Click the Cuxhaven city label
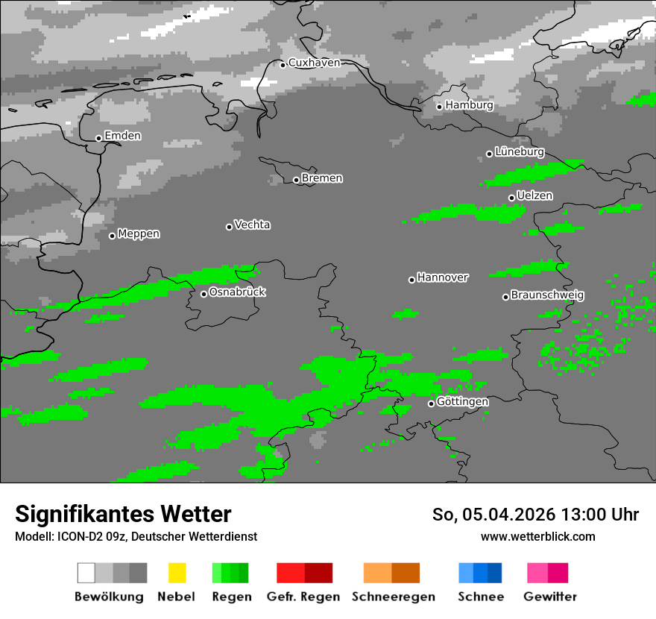click(x=314, y=63)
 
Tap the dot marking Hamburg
click(x=440, y=107)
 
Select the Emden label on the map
click(x=122, y=136)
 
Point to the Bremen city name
click(x=322, y=178)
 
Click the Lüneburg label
click(x=519, y=151)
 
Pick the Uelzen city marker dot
click(x=511, y=198)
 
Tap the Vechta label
click(x=252, y=224)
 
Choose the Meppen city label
click(x=139, y=234)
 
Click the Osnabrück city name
click(x=237, y=292)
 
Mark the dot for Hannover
click(x=411, y=280)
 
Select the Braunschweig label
click(x=547, y=295)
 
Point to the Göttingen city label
click(x=462, y=402)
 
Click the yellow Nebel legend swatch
click(x=177, y=573)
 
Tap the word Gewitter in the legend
click(x=550, y=597)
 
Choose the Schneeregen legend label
click(x=392, y=597)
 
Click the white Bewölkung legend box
click(x=86, y=573)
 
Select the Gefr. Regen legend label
click(x=303, y=597)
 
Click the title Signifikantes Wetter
click(x=123, y=515)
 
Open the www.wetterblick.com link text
click(x=537, y=537)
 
